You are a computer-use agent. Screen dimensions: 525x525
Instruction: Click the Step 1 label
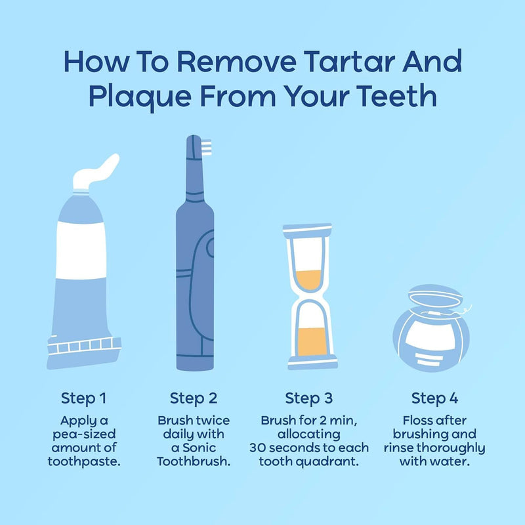point(84,398)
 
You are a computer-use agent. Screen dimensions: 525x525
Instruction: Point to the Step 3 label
point(308,398)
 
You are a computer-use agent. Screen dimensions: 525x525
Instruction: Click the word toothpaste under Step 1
point(84,461)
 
